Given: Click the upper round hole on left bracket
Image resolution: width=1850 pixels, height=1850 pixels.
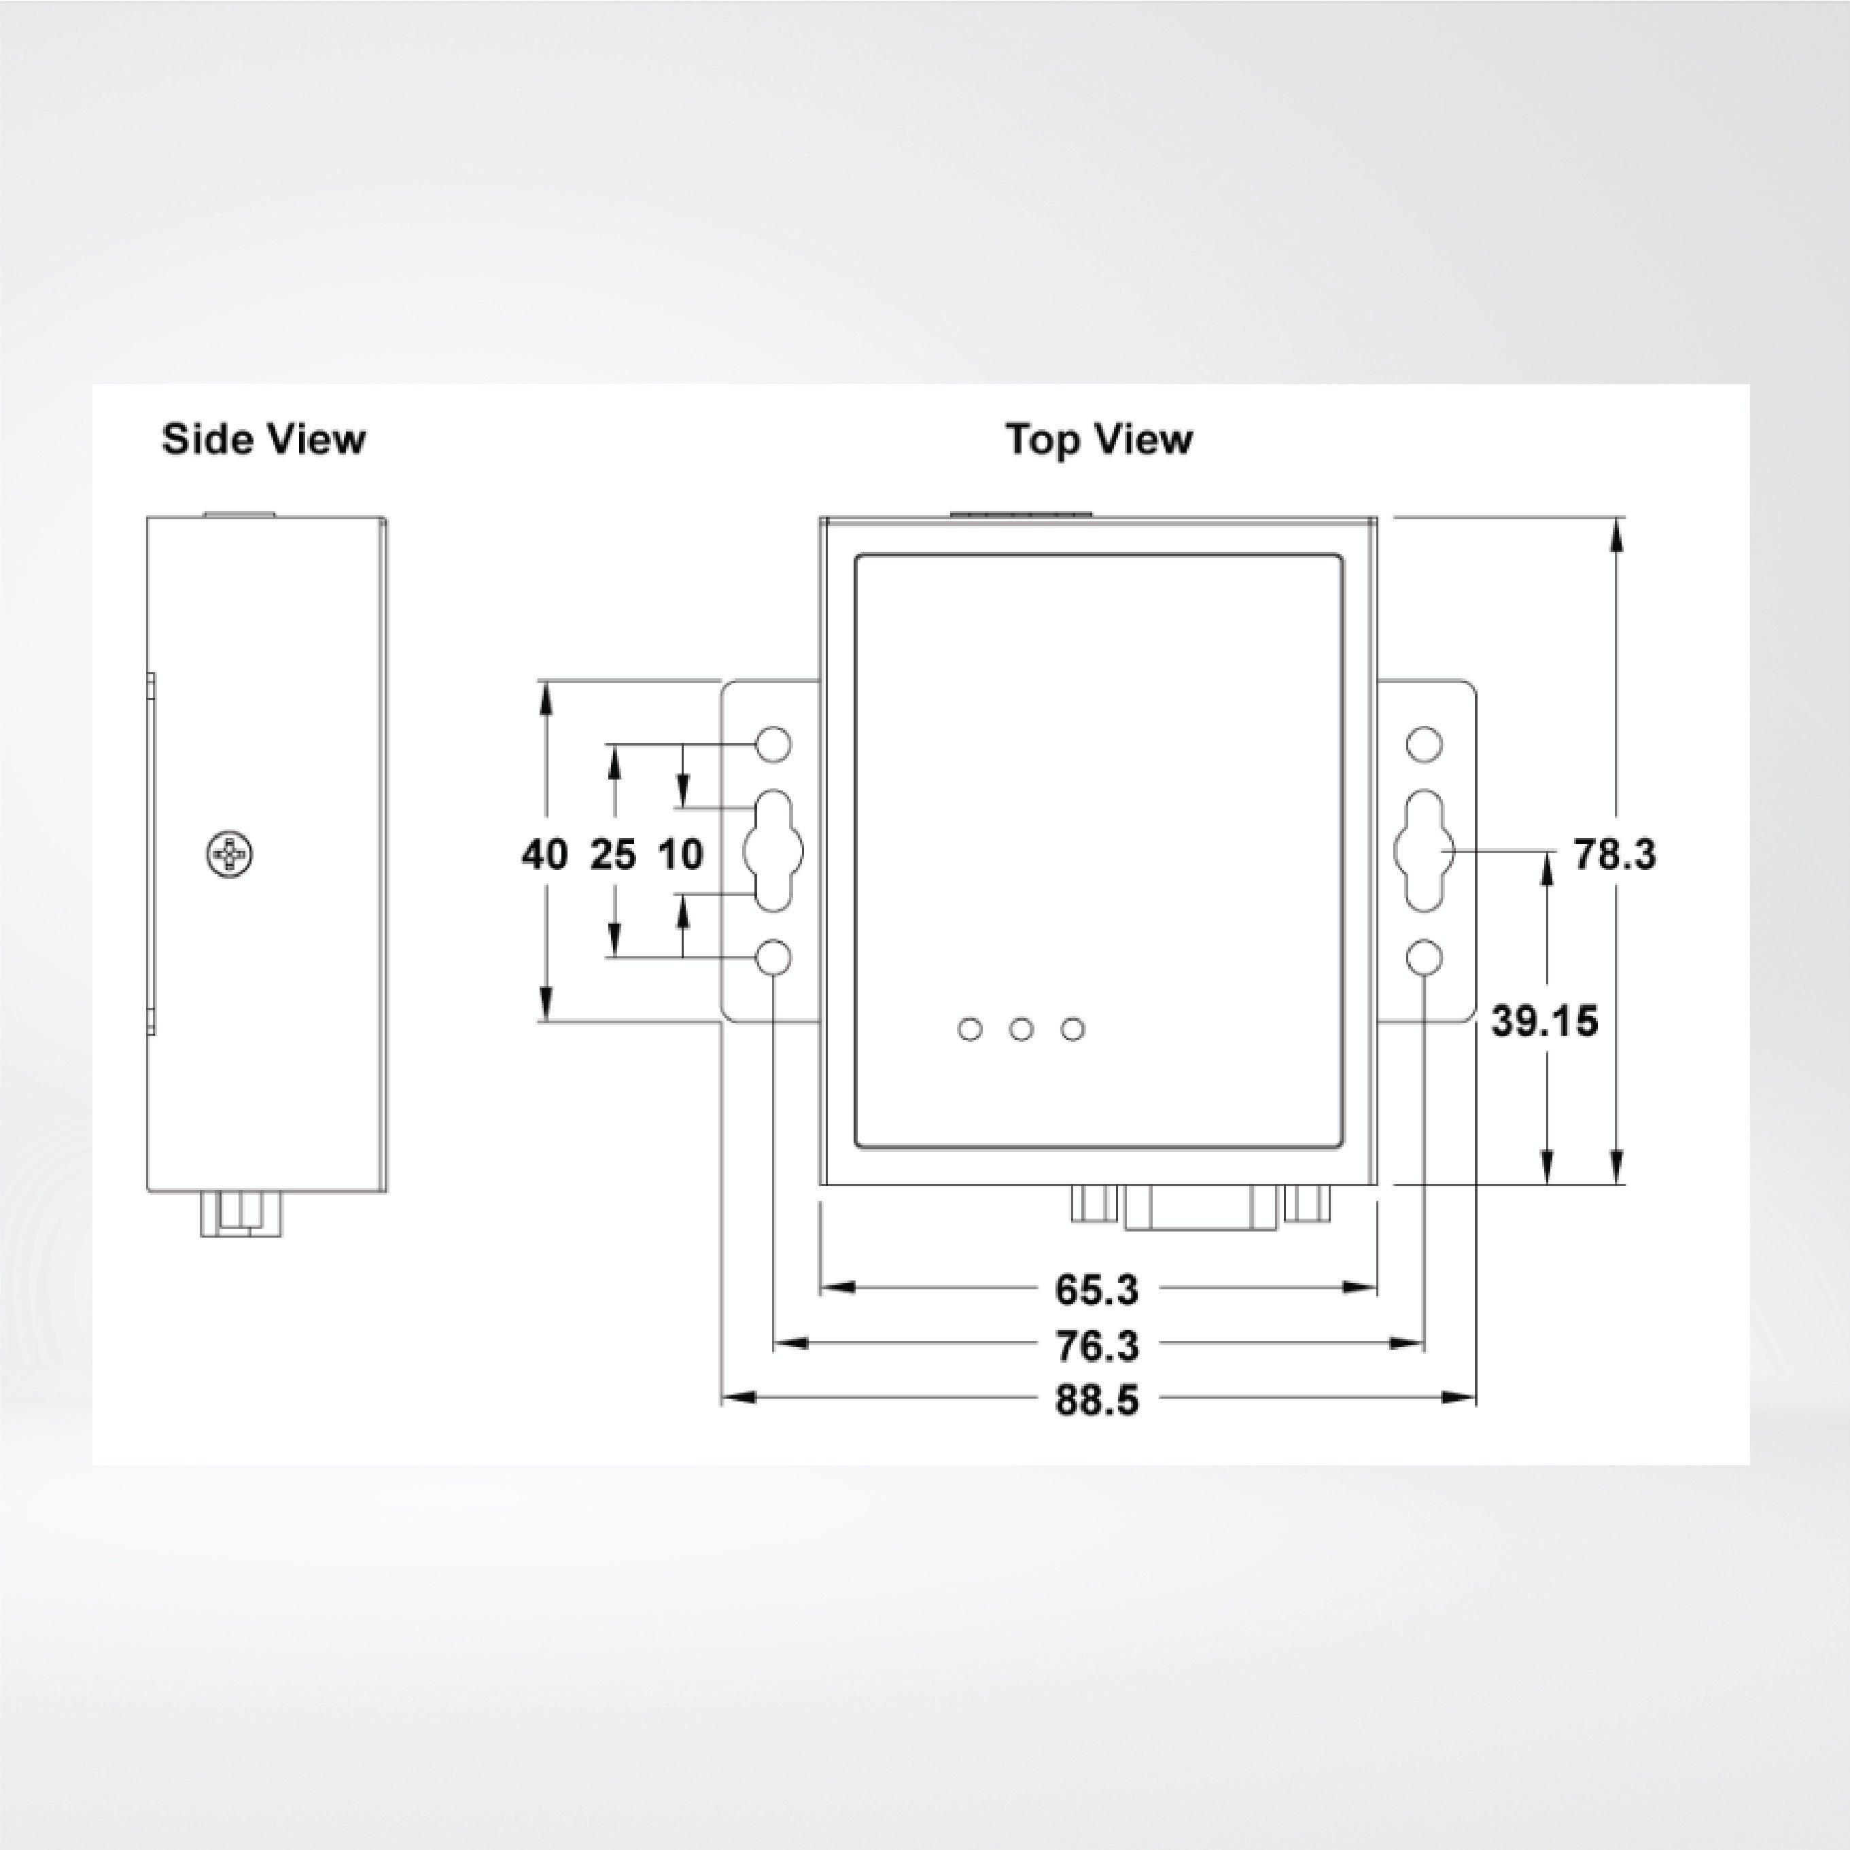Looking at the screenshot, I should [773, 743].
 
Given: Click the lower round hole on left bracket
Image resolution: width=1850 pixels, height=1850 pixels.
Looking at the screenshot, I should [773, 956].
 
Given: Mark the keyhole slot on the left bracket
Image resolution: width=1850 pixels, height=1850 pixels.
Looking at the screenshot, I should [773, 850].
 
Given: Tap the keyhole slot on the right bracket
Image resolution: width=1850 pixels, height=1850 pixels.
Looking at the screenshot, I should [1424, 850].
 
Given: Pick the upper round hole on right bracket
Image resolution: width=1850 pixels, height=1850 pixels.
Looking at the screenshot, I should [1424, 743].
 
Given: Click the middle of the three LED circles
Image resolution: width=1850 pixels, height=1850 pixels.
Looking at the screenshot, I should [1022, 1030].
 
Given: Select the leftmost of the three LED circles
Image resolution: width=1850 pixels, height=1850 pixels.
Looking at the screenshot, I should [970, 1030].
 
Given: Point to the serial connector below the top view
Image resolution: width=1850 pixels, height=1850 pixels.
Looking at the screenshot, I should [1201, 1208].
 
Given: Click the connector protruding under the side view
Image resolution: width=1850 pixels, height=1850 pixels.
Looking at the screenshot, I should [241, 1213].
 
